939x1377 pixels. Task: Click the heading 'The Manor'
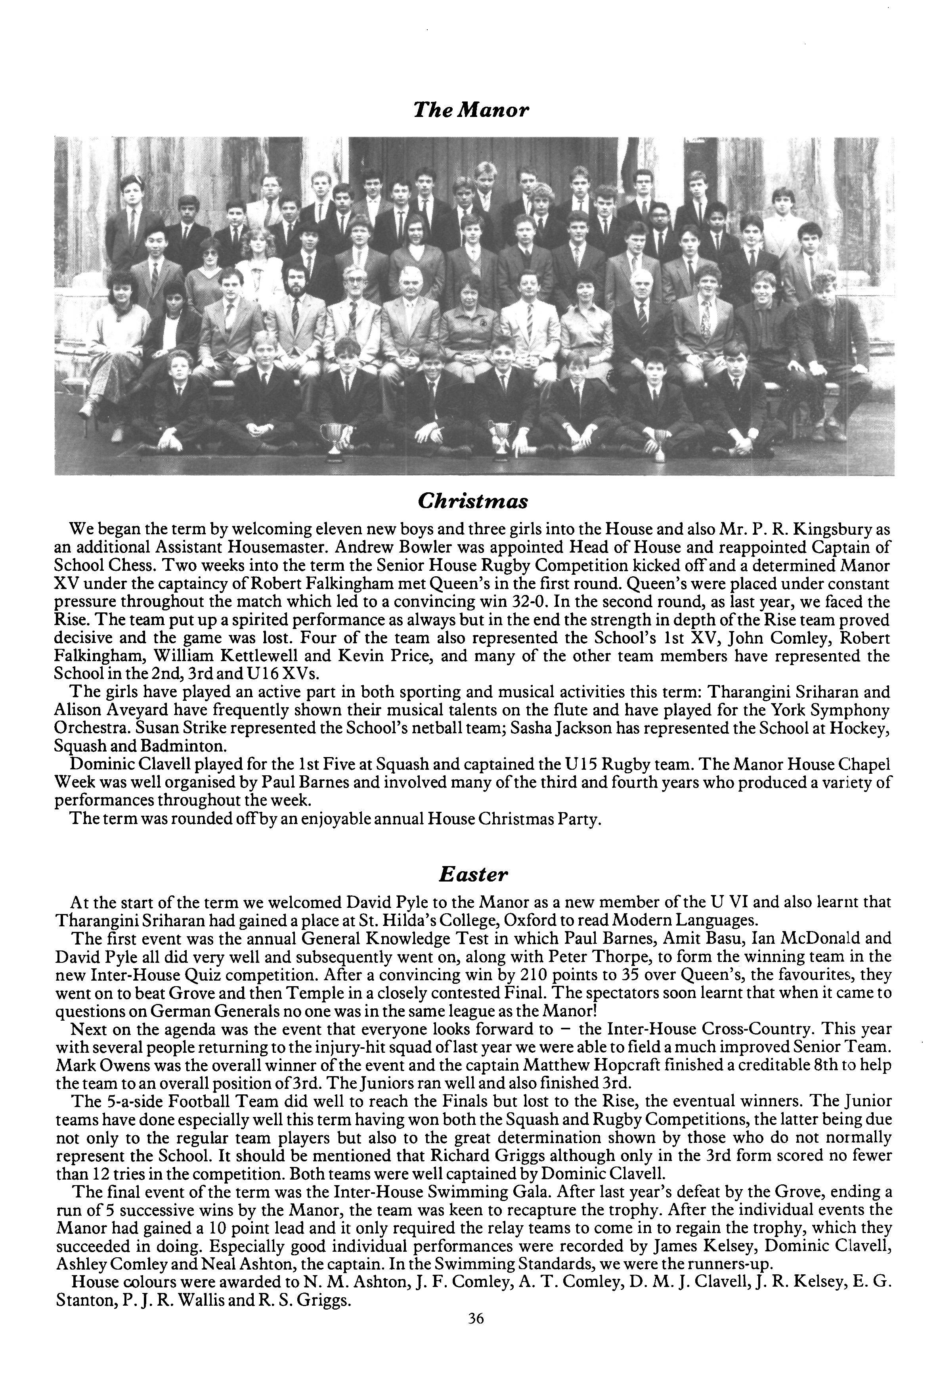click(x=470, y=110)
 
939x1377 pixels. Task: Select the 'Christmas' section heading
click(x=472, y=501)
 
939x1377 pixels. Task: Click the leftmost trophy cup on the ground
click(x=335, y=442)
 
